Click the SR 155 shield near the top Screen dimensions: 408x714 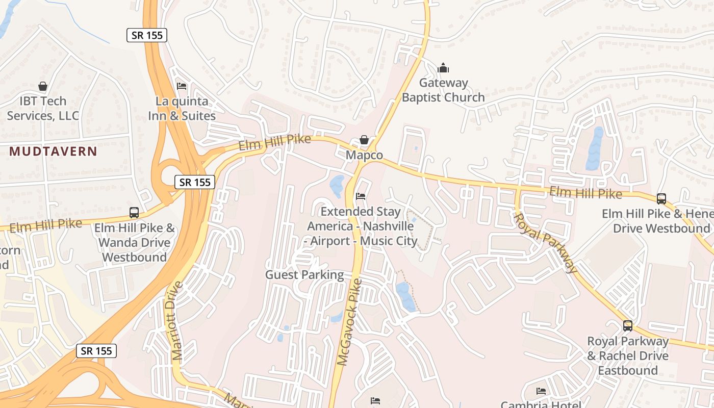pos(147,35)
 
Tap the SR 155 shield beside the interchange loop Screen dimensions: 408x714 pos(195,182)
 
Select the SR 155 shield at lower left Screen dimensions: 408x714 pos(97,351)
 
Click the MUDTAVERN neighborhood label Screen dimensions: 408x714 pos(53,151)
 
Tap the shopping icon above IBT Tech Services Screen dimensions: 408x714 pos(43,87)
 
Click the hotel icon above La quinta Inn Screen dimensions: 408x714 pos(182,86)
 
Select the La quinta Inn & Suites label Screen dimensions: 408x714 pos(182,109)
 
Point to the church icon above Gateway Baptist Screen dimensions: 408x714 pos(443,68)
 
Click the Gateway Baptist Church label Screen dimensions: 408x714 pos(443,90)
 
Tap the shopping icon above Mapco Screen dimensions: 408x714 pos(364,140)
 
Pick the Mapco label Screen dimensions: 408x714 pos(364,155)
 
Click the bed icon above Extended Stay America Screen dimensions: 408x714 pos(361,196)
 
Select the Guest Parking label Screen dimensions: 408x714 pos(304,275)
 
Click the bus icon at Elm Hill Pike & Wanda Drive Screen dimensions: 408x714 pos(134,213)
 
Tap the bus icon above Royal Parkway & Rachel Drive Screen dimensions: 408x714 pos(628,326)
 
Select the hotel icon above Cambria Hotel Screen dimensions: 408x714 pos(541,391)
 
